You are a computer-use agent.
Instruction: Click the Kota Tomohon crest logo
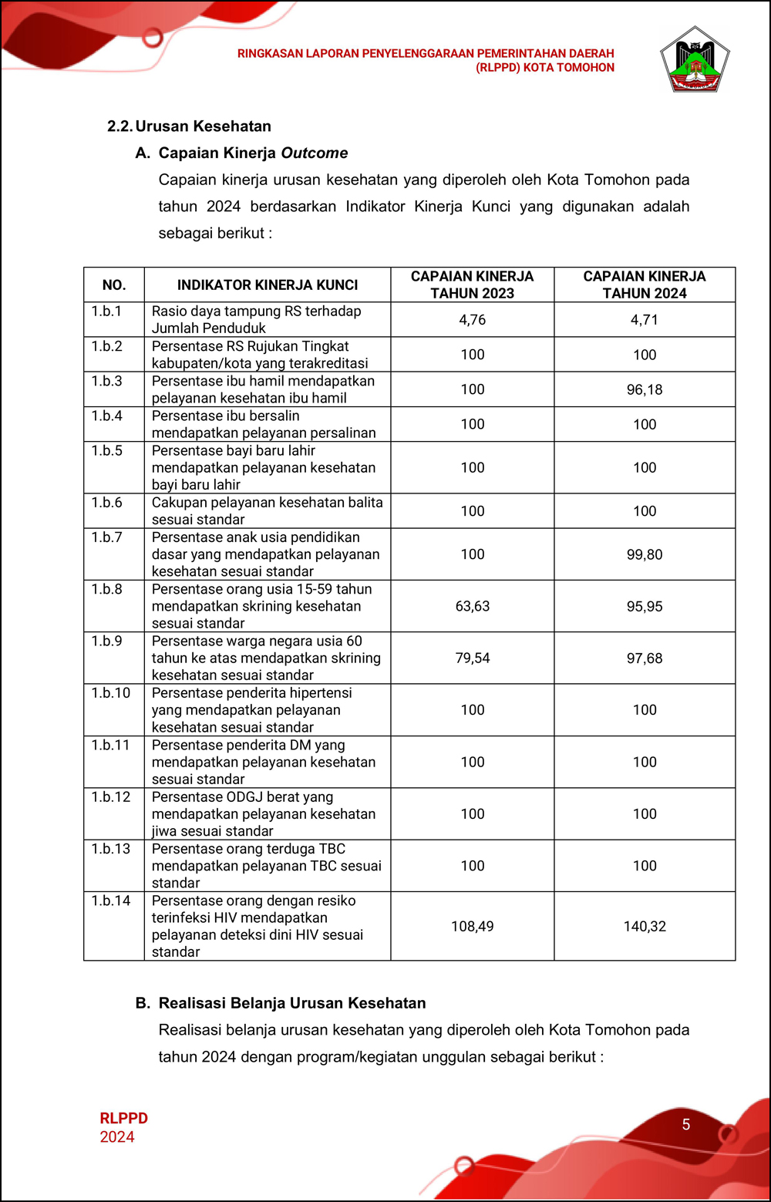click(x=695, y=60)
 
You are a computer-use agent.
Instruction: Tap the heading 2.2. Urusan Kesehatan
click(x=189, y=126)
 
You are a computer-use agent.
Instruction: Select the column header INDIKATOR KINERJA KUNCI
click(x=268, y=285)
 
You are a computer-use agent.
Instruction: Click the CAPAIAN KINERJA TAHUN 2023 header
click(x=472, y=285)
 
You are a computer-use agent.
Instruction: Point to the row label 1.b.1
click(x=106, y=311)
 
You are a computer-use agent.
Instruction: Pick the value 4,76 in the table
click(x=473, y=320)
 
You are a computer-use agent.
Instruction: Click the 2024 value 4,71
click(x=645, y=320)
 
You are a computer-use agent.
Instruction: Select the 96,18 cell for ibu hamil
click(x=645, y=390)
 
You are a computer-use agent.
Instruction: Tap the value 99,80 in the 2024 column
click(x=645, y=555)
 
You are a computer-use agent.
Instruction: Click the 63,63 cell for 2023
click(x=473, y=607)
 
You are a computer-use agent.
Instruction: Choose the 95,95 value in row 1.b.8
click(x=645, y=607)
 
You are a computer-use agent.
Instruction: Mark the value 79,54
click(x=473, y=658)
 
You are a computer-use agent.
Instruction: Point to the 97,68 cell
click(x=645, y=658)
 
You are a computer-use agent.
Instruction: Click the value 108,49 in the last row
click(x=473, y=927)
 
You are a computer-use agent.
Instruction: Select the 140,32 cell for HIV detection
click(x=645, y=927)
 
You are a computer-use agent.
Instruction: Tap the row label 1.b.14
click(x=111, y=901)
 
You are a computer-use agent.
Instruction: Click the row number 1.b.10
click(x=111, y=693)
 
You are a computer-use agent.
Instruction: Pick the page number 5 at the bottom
click(x=686, y=1125)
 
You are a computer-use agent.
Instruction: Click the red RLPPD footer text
click(x=123, y=1119)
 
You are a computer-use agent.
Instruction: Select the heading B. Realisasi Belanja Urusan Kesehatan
click(x=281, y=1003)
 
